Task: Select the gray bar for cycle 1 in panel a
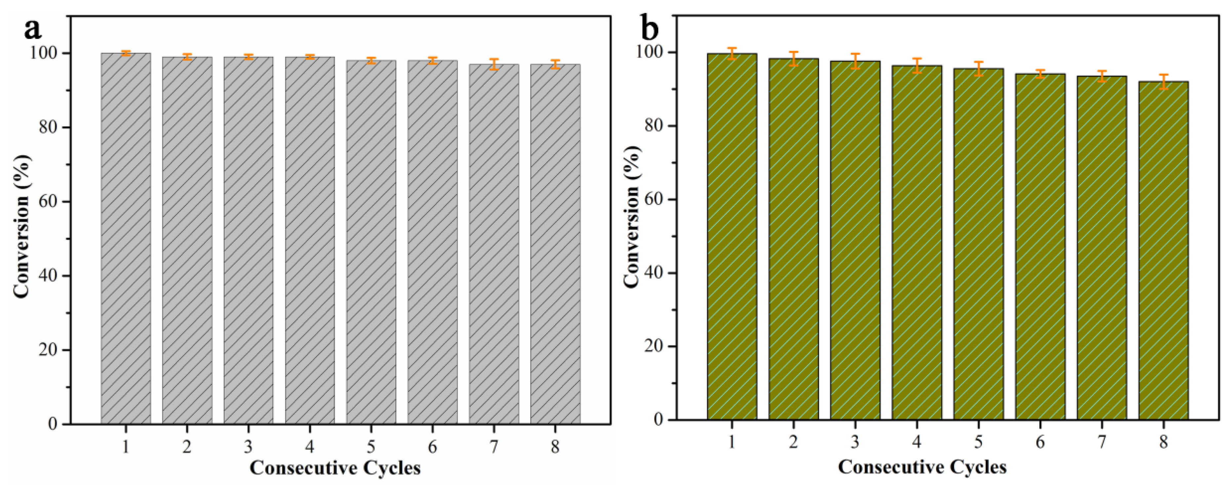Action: (x=125, y=239)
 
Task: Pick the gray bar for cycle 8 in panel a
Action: (x=555, y=244)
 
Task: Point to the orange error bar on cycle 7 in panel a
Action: (x=494, y=64)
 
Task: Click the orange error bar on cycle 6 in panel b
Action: (x=1040, y=73)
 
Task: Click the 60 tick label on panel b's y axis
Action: (x=654, y=200)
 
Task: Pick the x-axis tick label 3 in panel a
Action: (x=248, y=447)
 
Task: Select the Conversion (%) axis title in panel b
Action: (x=632, y=217)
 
